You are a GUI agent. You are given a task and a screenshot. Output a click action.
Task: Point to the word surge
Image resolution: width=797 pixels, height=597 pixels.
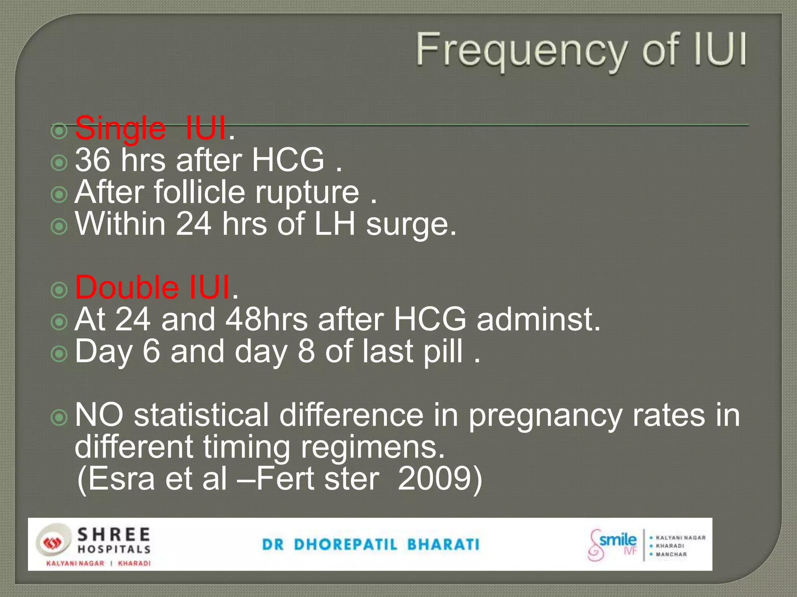411,224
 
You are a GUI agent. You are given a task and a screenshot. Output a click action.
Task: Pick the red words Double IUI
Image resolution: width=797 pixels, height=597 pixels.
153,288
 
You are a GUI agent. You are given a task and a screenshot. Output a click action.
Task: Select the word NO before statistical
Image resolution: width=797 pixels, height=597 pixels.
99,415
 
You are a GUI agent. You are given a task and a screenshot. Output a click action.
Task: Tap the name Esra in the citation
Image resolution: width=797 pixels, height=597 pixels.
117,479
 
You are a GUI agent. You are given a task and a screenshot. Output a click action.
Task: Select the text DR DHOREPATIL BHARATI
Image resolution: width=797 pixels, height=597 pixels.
371,545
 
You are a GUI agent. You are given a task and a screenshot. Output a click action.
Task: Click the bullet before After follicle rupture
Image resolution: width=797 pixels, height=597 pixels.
60,194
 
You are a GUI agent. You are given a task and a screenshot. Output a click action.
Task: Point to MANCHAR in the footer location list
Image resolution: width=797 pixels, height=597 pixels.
671,554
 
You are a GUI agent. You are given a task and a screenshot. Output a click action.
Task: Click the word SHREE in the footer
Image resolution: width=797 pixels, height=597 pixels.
114,535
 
